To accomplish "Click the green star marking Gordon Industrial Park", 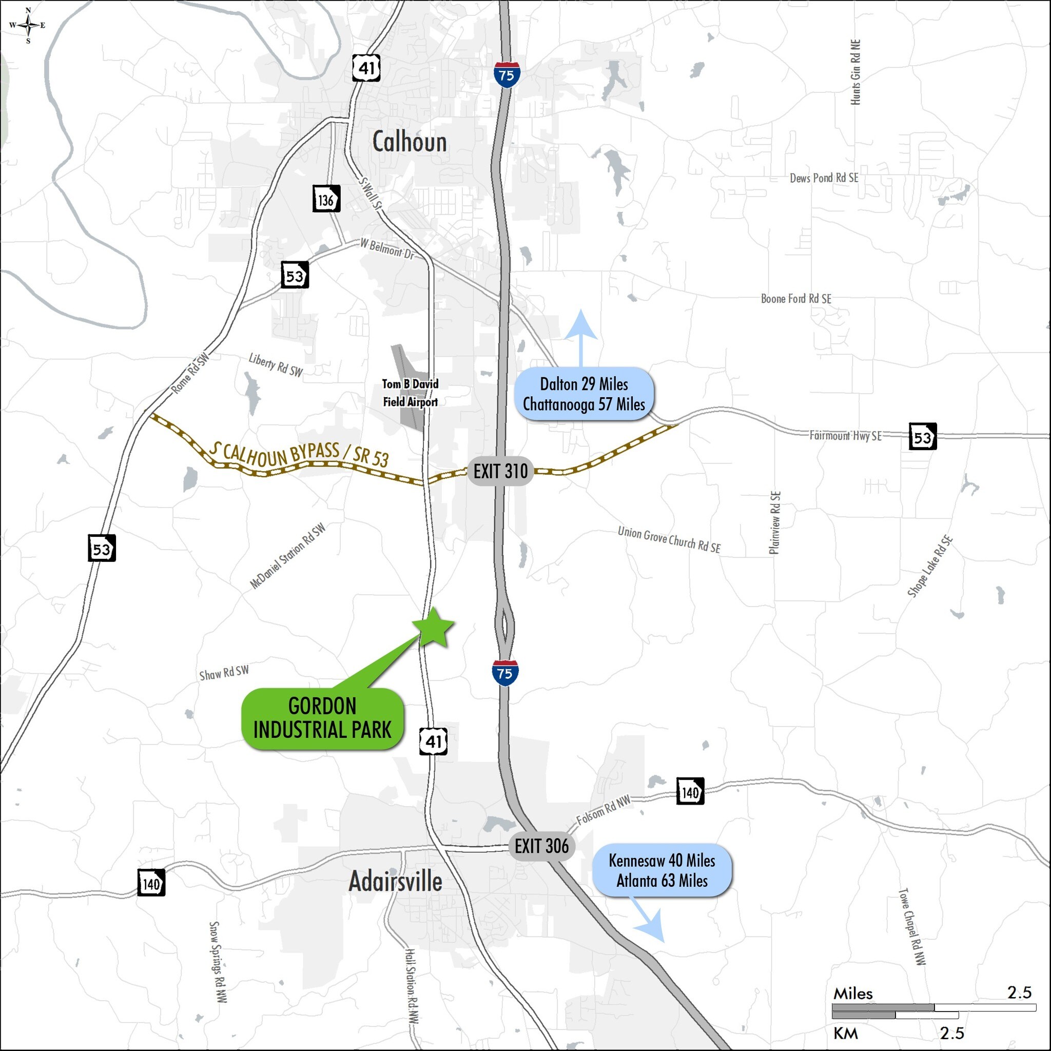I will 434,628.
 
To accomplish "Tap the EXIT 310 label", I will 500,471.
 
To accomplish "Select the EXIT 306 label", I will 541,846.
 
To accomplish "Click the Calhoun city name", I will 409,142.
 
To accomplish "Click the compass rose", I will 28,25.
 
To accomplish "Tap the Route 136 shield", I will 326,199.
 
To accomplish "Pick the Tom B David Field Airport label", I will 410,393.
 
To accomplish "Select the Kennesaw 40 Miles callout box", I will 661,870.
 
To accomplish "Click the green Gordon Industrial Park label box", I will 323,718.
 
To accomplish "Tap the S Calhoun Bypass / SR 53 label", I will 300,454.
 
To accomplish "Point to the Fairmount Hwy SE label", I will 845,436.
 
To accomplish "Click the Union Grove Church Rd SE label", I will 669,539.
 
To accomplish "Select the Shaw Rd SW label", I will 224,673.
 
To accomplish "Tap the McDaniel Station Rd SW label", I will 287,555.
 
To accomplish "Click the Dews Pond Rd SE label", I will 824,178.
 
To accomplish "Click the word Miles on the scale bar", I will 852,994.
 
